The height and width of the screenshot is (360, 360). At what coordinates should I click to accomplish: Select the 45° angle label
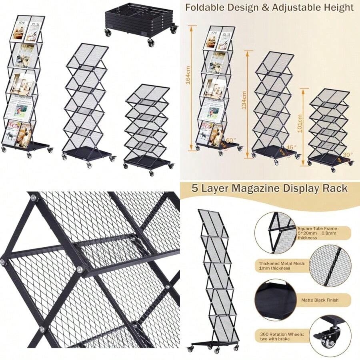pos(292,147)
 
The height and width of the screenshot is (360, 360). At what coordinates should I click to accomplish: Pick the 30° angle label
pos(348,155)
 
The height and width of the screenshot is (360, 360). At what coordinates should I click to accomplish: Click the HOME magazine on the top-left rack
pos(18,30)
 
